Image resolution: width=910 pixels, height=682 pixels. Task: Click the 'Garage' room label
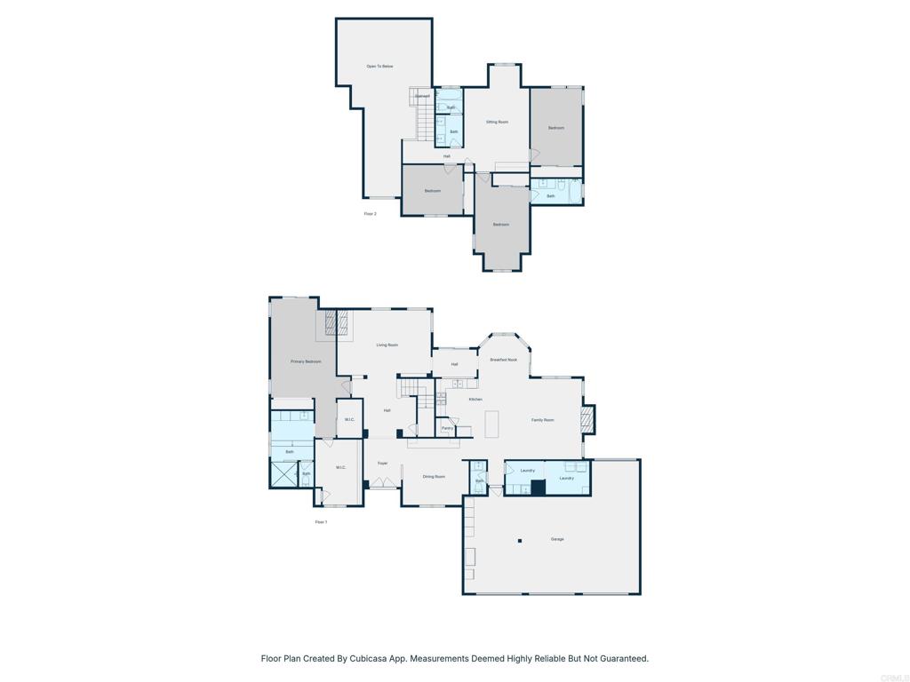557,539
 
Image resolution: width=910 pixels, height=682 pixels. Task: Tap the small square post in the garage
521,541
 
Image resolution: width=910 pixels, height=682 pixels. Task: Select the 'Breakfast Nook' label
503,360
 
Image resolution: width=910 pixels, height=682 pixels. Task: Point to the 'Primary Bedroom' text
306,361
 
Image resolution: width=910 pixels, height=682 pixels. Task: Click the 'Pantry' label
447,428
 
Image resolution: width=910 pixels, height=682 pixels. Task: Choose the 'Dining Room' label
434,477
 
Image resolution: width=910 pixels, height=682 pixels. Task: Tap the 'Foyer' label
382,463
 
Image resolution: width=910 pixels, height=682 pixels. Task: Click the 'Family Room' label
542,420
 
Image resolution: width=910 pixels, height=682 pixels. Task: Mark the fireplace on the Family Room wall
587,419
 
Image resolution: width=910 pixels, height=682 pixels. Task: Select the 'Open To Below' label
379,67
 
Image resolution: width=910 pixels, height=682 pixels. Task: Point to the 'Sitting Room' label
497,122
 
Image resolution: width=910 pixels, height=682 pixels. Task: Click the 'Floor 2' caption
370,214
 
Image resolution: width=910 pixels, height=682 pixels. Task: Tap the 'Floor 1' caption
321,522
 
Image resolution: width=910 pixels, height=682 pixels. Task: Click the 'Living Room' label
387,345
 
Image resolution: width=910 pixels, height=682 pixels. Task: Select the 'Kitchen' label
475,400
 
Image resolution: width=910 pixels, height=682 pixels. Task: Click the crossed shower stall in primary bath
283,474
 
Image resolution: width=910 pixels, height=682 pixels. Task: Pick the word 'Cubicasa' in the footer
387,659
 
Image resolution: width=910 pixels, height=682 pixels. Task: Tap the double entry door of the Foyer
385,482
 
